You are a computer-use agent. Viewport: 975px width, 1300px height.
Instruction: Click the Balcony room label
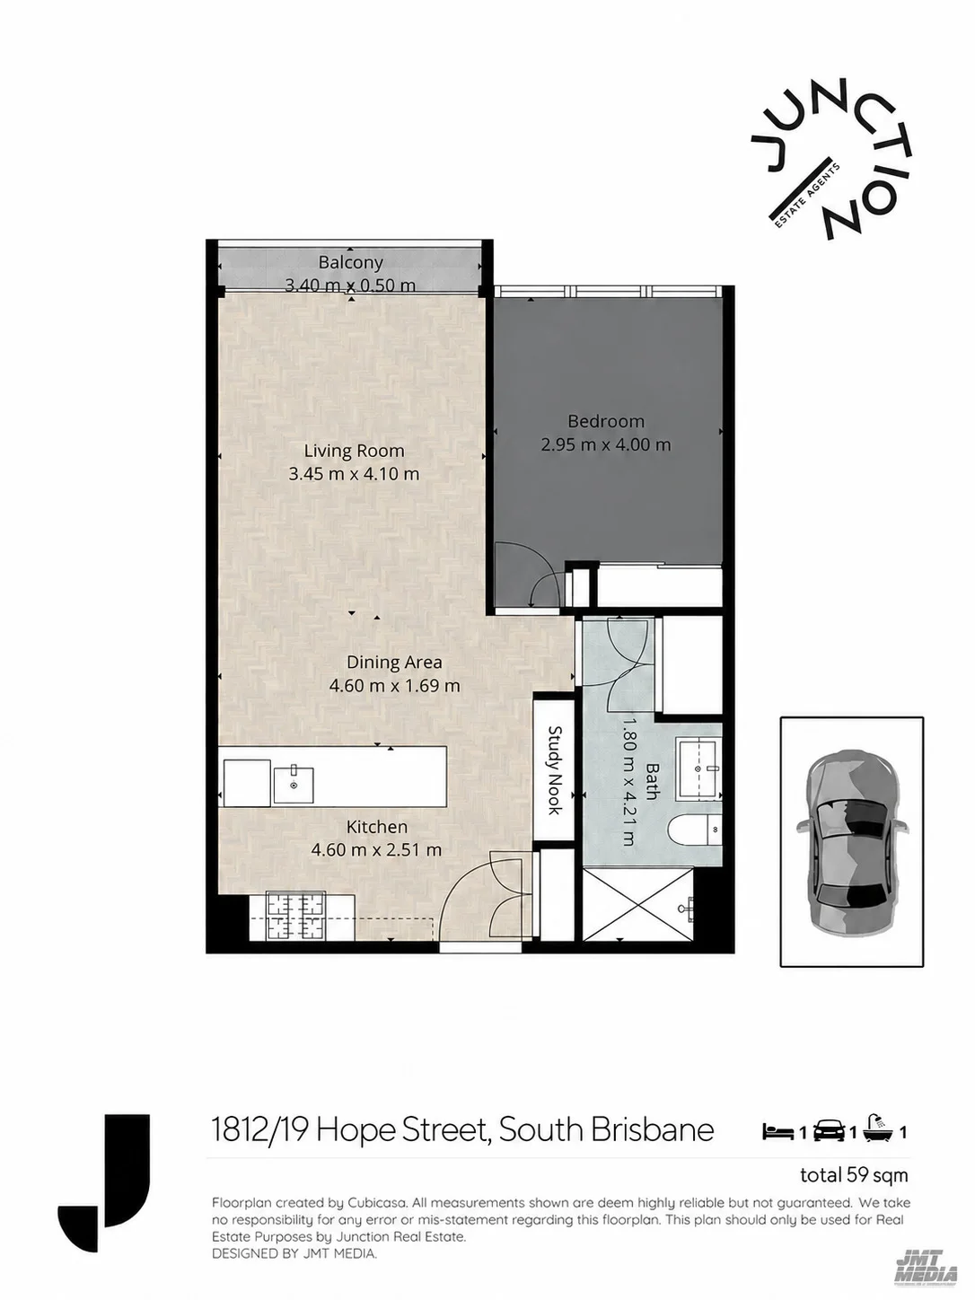[x=350, y=262]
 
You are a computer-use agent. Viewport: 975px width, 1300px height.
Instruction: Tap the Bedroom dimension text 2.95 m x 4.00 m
[x=606, y=444]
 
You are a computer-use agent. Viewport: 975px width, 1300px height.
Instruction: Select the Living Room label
[x=354, y=451]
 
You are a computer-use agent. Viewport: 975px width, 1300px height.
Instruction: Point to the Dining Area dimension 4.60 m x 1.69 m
[x=394, y=686]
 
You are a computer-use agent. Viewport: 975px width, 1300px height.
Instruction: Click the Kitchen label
[x=376, y=827]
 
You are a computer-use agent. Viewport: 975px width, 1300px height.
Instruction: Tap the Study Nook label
[x=555, y=770]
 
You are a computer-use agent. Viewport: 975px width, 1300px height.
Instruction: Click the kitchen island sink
[x=294, y=784]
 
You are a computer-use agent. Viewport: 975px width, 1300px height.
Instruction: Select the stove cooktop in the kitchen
[x=295, y=917]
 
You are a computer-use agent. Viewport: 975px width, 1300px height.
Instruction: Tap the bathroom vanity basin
[x=700, y=769]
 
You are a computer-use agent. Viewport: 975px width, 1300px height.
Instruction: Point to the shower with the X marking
[x=638, y=904]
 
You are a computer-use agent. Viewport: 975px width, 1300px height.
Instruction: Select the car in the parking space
[x=852, y=841]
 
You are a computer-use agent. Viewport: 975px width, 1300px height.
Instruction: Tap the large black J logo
[x=104, y=1183]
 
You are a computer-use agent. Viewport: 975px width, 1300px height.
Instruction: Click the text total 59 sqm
[x=854, y=1175]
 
